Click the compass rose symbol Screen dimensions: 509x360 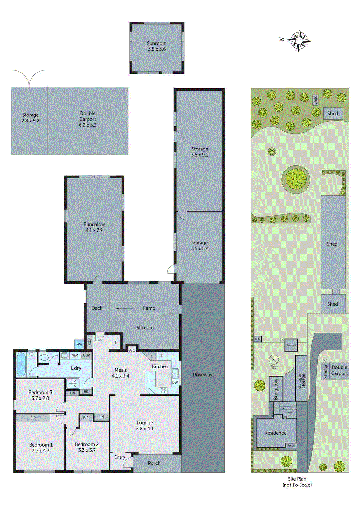[x=299, y=40]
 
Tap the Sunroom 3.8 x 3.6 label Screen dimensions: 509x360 [x=157, y=46]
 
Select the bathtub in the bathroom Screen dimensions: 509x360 [x=21, y=364]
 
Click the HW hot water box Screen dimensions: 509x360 [x=79, y=344]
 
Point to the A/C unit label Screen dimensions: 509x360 [x=132, y=350]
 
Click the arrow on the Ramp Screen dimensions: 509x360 [x=125, y=308]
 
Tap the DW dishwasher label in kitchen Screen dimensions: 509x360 [x=175, y=382]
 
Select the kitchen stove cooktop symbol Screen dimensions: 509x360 [x=164, y=390]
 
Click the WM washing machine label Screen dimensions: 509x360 [x=75, y=355]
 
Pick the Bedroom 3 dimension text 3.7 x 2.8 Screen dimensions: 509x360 [x=40, y=398]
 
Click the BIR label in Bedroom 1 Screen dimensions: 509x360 [x=33, y=418]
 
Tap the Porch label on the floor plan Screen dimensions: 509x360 [x=154, y=463]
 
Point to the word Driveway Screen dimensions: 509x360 [x=202, y=374]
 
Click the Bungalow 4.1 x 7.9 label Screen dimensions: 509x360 [x=94, y=227]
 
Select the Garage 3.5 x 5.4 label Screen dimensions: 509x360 [x=200, y=246]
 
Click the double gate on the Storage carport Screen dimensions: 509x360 [x=29, y=79]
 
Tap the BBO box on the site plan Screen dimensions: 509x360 [x=258, y=339]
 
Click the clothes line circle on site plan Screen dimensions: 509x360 [x=274, y=360]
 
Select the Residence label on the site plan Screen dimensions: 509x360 [x=275, y=433]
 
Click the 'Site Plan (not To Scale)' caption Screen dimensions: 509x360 [x=297, y=482]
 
